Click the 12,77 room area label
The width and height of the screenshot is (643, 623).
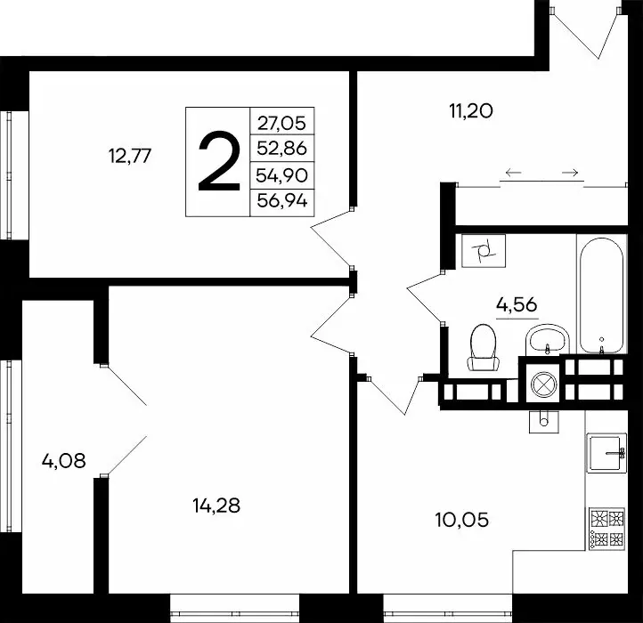(x=131, y=157)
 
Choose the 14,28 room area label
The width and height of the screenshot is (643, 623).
(x=216, y=506)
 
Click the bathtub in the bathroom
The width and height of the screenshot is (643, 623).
(x=602, y=294)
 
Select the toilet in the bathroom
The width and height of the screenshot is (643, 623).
(x=484, y=346)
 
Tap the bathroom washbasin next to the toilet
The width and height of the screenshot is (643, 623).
(x=545, y=337)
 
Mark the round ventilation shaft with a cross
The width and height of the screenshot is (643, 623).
(x=541, y=384)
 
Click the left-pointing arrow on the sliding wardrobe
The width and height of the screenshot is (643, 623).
(x=512, y=172)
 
